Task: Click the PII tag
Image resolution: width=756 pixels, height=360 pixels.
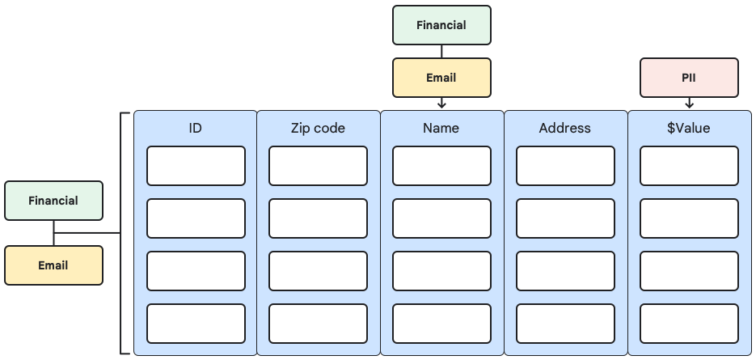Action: tap(689, 78)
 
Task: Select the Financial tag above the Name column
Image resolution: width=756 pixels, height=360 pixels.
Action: tap(441, 25)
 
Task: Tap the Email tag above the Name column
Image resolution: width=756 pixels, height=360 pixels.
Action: tap(441, 78)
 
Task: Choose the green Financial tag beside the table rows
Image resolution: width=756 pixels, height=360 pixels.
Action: tap(53, 201)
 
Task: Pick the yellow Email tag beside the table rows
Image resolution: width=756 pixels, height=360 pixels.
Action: tap(53, 265)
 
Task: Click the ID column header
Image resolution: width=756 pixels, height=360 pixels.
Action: tap(195, 128)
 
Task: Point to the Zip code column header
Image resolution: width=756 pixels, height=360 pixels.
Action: tap(318, 128)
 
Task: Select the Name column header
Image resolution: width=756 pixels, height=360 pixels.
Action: tap(441, 128)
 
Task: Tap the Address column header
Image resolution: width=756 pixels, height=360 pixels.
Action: tap(565, 128)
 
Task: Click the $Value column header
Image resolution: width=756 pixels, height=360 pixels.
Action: tap(689, 128)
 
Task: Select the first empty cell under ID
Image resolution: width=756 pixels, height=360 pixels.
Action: tap(196, 166)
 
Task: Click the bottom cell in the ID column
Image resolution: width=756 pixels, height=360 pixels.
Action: tap(196, 324)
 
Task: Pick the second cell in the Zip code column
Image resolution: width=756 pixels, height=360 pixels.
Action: tap(318, 218)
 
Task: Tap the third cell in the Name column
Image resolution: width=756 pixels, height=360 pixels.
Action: tap(441, 271)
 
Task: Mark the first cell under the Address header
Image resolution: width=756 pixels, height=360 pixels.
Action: tap(565, 166)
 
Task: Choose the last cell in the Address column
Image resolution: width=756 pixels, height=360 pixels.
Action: tap(565, 324)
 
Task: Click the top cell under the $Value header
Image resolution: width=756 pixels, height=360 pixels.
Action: tap(689, 166)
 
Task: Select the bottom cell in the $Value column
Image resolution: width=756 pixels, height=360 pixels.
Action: tap(689, 324)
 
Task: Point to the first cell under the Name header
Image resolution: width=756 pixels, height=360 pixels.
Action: tap(441, 166)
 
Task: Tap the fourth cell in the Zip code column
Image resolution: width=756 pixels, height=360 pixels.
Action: tap(318, 324)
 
